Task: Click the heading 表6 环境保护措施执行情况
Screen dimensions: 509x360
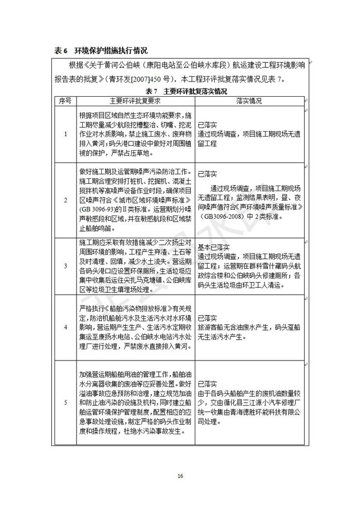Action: (x=101, y=50)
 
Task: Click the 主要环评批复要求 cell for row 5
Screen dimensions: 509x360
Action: (x=135, y=403)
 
